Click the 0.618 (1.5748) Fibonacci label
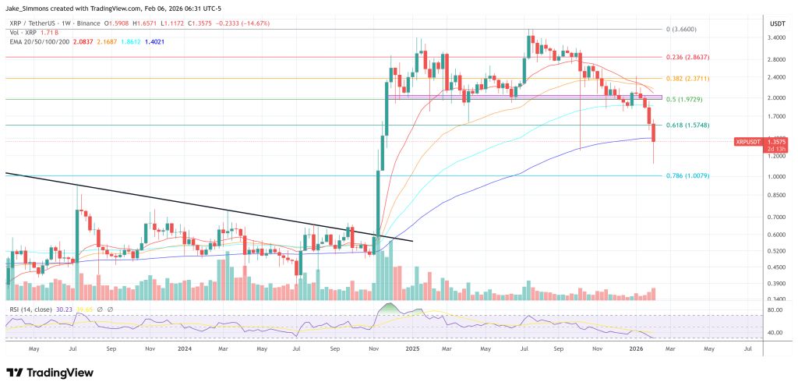[x=687, y=125]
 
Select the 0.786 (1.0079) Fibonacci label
[x=687, y=176]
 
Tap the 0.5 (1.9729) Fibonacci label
[x=684, y=99]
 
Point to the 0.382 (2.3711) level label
[x=687, y=79]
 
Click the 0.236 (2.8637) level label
[x=687, y=57]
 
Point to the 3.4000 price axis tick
[x=775, y=37]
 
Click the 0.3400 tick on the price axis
[x=775, y=299]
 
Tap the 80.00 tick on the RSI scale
[x=775, y=310]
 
